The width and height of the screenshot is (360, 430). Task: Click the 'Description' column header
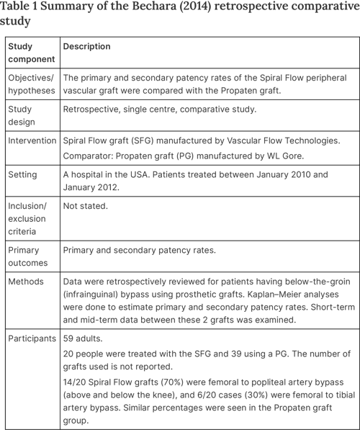coord(86,47)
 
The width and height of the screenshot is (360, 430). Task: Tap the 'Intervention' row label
coord(32,140)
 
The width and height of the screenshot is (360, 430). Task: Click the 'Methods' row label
coord(25,282)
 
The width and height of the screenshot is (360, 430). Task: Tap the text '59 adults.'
coord(85,337)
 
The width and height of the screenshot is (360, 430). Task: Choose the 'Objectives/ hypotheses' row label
coord(32,84)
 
